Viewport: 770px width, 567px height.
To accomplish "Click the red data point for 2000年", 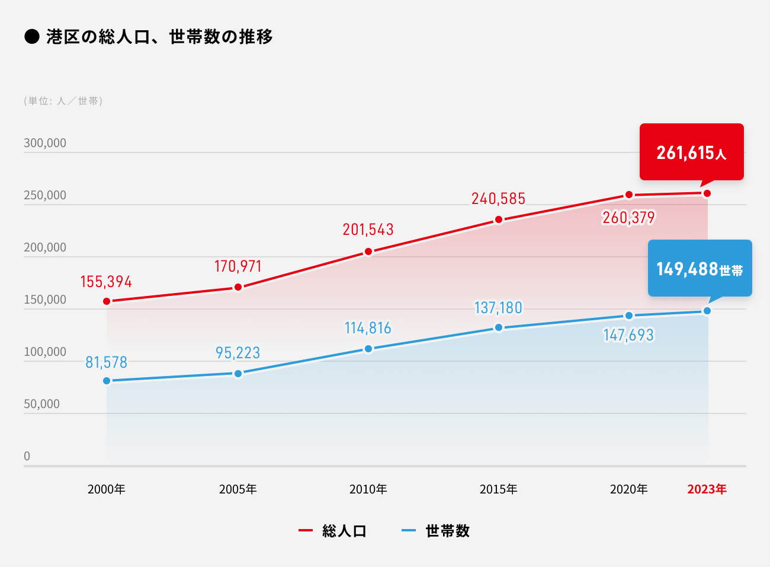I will tap(107, 301).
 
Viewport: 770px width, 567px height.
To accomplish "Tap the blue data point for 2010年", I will tap(368, 349).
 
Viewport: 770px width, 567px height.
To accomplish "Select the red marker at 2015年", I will tap(499, 219).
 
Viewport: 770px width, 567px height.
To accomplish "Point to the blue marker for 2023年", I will tap(707, 311).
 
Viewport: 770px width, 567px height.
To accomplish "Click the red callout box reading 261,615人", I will tap(691, 152).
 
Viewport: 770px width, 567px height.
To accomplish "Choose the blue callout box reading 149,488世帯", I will tap(700, 268).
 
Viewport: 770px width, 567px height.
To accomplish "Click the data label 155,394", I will tap(106, 282).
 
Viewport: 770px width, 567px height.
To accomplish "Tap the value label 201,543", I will tap(368, 230).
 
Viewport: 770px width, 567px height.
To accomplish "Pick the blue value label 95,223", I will tap(238, 353).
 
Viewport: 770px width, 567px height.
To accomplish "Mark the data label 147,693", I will tap(628, 335).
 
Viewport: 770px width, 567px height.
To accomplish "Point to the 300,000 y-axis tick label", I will tap(45, 143).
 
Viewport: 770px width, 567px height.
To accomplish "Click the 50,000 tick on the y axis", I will tap(41, 404).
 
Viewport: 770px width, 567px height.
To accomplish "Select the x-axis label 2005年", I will tap(238, 489).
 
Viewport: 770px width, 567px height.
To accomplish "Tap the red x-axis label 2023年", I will tap(707, 489).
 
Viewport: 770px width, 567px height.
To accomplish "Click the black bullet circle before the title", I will tap(32, 37).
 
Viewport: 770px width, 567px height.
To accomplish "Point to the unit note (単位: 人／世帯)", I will tap(63, 101).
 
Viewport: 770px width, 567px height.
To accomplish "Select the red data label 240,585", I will tap(498, 199).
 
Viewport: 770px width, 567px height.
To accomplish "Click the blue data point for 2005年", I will tap(238, 374).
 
